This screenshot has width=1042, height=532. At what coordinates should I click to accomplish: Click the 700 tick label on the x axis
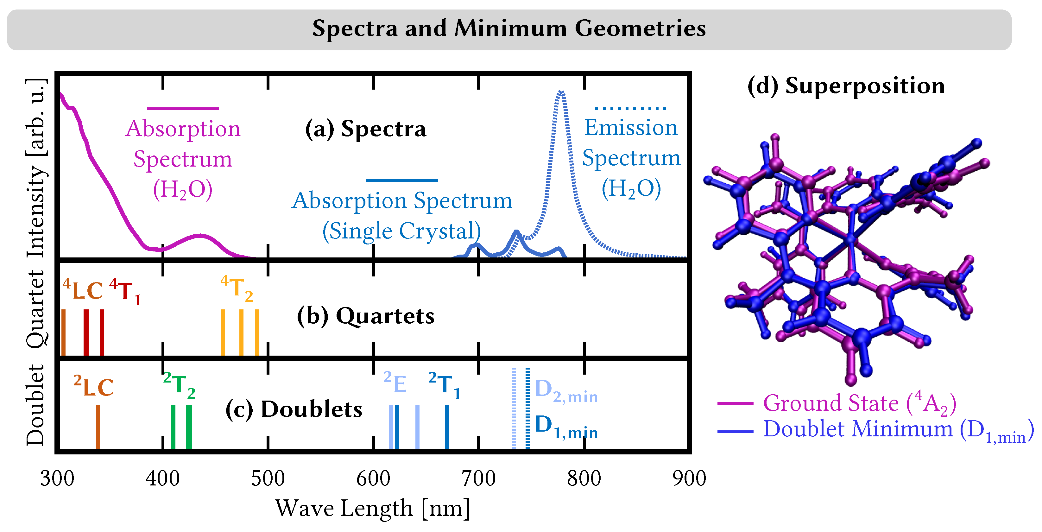[478, 478]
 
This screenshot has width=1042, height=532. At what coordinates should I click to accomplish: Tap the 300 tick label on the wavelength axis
[57, 478]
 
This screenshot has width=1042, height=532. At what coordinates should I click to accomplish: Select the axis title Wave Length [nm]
[373, 508]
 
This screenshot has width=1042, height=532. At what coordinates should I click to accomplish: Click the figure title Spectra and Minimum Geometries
[509, 29]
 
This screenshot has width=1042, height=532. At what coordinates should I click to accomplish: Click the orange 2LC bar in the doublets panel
[98, 427]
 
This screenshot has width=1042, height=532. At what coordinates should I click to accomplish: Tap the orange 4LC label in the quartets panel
[83, 290]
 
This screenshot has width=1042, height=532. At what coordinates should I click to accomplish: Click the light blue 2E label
[395, 383]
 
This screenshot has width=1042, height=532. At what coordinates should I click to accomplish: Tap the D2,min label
[565, 390]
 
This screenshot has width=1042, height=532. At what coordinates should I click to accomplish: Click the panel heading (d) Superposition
[846, 86]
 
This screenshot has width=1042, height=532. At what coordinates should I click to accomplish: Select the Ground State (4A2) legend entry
[859, 403]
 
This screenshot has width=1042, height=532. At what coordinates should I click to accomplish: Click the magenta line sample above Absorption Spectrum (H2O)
[182, 108]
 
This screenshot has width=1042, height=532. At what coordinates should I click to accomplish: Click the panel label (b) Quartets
[366, 316]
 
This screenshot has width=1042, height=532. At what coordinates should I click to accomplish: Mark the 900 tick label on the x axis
[689, 478]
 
